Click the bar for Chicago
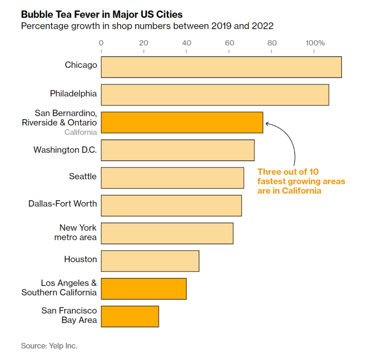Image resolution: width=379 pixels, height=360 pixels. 221,67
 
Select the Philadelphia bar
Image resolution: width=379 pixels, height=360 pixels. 215,95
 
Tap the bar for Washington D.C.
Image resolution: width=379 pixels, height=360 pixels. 177,150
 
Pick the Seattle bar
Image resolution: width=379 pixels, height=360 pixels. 172,178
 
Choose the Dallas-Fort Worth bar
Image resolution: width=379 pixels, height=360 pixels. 171,206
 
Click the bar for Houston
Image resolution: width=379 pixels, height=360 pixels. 150,261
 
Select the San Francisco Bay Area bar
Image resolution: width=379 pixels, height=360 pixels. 130,316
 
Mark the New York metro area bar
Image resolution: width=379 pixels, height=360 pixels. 167,233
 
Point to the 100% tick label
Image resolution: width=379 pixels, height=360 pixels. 315,43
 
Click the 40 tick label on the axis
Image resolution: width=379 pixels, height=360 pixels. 186,43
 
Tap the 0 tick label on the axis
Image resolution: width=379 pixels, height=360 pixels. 101,43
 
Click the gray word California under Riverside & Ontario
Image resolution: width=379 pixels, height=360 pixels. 81,132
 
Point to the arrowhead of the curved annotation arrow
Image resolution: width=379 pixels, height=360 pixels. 267,124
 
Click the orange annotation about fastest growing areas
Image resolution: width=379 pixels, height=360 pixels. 301,181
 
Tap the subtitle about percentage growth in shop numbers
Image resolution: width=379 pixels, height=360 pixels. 147,25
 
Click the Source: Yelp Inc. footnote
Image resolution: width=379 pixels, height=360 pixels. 49,346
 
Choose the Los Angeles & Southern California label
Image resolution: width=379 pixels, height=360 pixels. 59,288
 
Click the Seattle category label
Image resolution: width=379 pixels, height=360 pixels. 83,177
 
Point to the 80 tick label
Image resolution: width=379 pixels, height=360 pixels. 272,43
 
